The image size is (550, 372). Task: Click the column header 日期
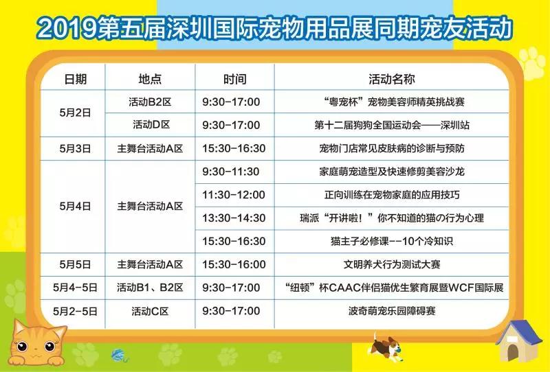[75, 79]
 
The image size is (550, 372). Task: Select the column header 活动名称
[391, 79]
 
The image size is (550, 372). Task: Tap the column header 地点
[150, 79]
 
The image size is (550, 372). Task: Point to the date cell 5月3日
[75, 148]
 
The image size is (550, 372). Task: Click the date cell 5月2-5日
[75, 311]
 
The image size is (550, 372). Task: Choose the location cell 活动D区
[151, 125]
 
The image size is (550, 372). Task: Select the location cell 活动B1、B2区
[150, 288]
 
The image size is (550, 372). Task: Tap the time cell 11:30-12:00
[234, 195]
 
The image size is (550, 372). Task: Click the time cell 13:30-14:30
[234, 218]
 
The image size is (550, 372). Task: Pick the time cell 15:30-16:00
[234, 264]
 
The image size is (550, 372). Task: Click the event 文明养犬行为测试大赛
[392, 264]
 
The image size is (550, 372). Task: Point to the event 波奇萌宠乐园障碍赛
[392, 311]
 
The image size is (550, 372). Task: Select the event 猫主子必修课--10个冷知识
[392, 242]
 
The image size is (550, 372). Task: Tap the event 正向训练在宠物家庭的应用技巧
[392, 195]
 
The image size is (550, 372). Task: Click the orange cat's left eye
[22, 347]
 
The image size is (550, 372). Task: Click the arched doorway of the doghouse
[512, 351]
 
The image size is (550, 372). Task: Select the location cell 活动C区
[150, 311]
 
